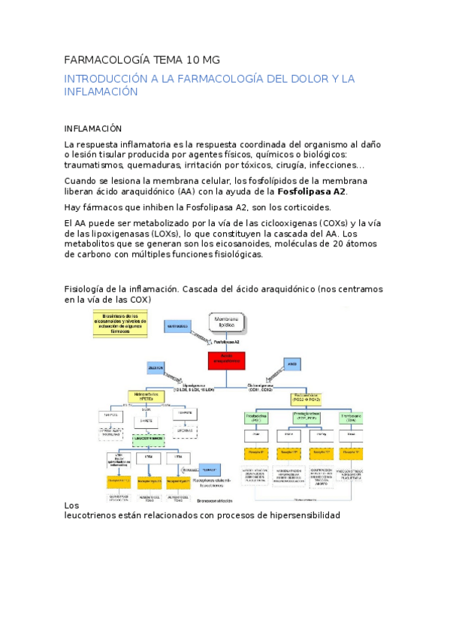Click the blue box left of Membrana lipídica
(177, 327)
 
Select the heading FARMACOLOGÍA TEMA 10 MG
(142, 59)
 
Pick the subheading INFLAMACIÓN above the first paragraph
(93, 128)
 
